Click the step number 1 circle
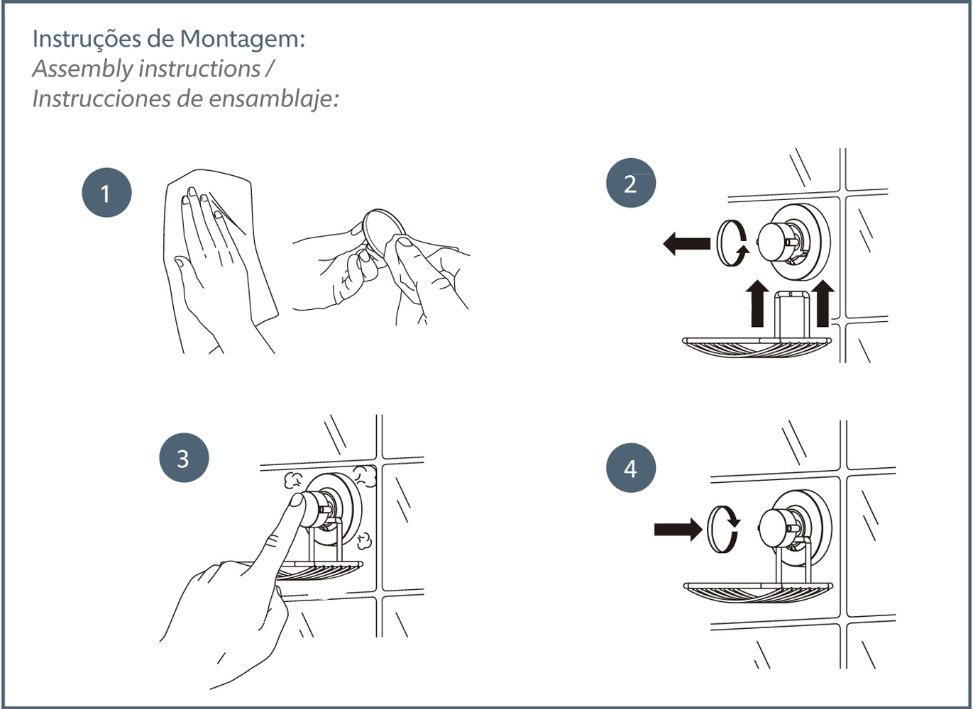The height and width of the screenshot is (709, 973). point(106,193)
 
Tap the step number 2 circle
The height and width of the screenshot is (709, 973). point(631,183)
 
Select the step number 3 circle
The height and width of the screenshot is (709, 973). point(184,457)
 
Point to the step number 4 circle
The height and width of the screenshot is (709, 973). point(631,467)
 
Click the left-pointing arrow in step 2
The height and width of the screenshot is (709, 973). point(686,243)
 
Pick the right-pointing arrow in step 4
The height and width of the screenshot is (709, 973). point(678,530)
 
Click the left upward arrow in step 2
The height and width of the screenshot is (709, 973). point(757,303)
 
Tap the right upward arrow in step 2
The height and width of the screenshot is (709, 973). point(823,303)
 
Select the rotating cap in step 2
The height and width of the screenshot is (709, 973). point(732,243)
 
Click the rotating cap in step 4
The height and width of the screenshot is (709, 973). point(722,528)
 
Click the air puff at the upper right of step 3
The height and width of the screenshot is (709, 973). point(364,476)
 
